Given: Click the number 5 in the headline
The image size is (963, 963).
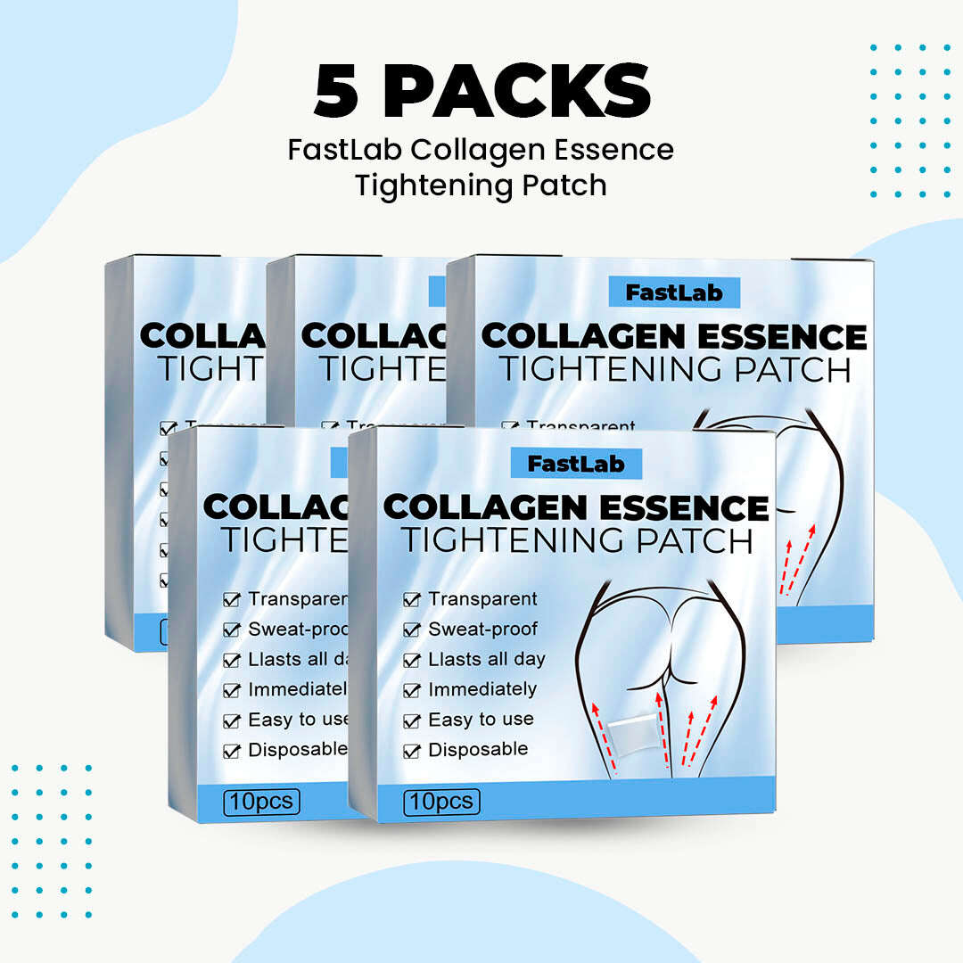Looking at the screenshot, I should point(335,90).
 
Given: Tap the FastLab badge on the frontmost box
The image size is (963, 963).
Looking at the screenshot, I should point(575,464).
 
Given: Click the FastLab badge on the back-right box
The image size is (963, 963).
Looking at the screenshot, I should point(674,292).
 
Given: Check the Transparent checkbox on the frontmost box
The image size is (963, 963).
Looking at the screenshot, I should point(412,600).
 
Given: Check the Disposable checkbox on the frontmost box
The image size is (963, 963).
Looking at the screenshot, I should point(412,751).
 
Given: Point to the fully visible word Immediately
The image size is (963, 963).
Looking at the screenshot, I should point(482,689).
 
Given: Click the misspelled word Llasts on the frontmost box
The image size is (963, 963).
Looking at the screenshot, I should point(453,660).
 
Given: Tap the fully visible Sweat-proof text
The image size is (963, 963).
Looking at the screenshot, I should point(482,630).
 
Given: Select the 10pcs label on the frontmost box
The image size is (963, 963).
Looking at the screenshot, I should point(441,802).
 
